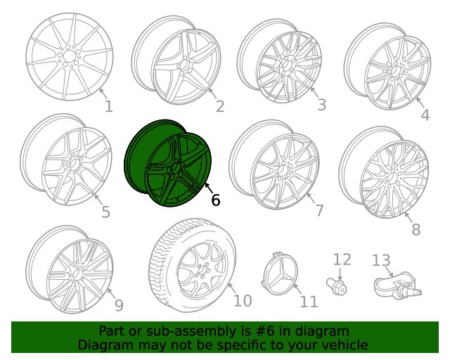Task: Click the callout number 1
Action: coord(108,107)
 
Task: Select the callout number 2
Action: coord(219,106)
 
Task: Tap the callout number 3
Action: coord(321,105)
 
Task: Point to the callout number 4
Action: coord(425,115)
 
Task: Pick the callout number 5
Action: coord(105,212)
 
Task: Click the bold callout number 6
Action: coord(215,200)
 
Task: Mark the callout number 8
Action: coord(416,229)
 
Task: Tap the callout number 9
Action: coord(118,305)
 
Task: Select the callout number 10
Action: coord(242,301)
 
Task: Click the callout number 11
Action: coord(309,302)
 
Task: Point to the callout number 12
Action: coord(341,259)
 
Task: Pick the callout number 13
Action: coord(380,261)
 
